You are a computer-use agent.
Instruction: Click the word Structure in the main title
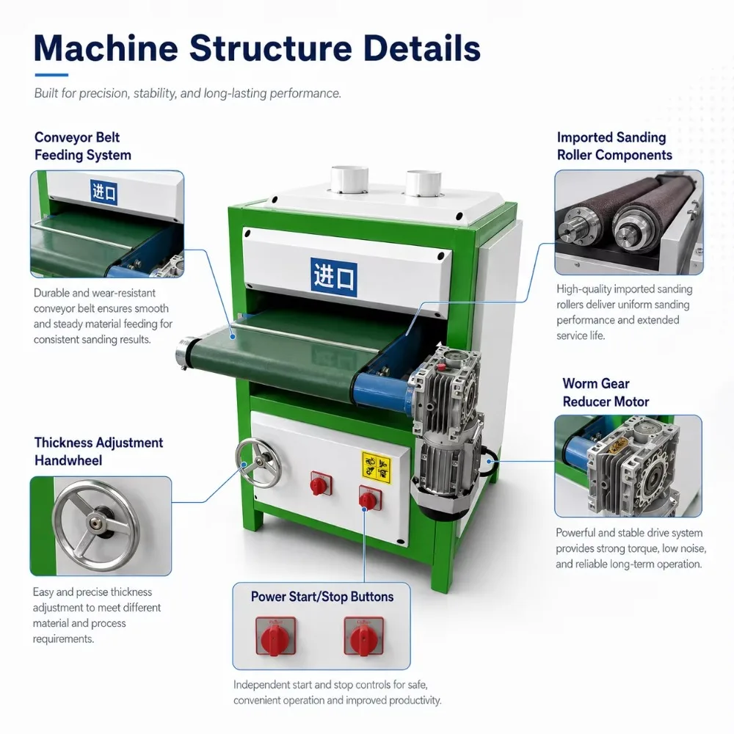tap(270, 48)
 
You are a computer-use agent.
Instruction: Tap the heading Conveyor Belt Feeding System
tap(83, 146)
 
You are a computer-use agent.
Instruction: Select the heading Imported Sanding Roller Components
tap(614, 146)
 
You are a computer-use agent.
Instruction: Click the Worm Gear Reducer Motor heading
tap(606, 392)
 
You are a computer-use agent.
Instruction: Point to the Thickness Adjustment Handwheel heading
tap(99, 451)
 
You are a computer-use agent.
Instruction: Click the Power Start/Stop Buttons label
tap(322, 596)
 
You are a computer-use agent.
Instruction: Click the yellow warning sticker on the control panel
tap(377, 467)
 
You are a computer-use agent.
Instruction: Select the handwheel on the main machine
tap(258, 463)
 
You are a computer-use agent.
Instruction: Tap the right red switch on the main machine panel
tap(369, 499)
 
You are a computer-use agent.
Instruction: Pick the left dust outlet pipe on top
tap(349, 179)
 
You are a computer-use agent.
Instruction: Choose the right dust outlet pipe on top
tap(424, 183)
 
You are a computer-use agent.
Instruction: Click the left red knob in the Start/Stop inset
tap(275, 636)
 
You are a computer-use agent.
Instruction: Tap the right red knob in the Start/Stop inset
tap(364, 636)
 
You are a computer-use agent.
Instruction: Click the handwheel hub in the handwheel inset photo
tap(98, 523)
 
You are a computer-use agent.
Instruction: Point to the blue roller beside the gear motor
tap(381, 390)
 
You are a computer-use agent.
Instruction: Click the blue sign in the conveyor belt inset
tap(104, 192)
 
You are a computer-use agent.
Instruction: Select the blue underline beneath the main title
tap(51, 75)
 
